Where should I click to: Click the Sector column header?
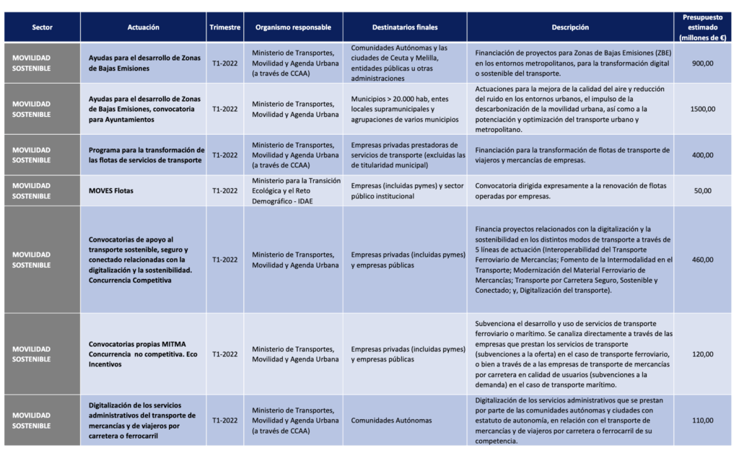[x=42, y=27]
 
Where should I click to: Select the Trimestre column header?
[x=224, y=27]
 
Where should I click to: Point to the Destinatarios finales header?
[x=404, y=27]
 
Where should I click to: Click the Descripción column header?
[x=570, y=27]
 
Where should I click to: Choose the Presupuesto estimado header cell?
[x=703, y=27]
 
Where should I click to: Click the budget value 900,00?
[x=703, y=63]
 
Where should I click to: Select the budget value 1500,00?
[x=703, y=109]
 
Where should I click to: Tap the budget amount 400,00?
[x=703, y=155]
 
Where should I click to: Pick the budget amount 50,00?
[x=703, y=191]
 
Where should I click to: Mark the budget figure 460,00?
[x=703, y=260]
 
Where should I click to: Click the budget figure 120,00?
[x=703, y=354]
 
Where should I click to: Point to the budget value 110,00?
[x=703, y=420]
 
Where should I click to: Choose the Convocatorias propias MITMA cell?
[x=143, y=354]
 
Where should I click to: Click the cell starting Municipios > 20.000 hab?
[x=404, y=109]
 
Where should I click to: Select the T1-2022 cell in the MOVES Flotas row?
[x=224, y=191]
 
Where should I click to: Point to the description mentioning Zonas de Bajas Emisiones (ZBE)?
[x=570, y=63]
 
